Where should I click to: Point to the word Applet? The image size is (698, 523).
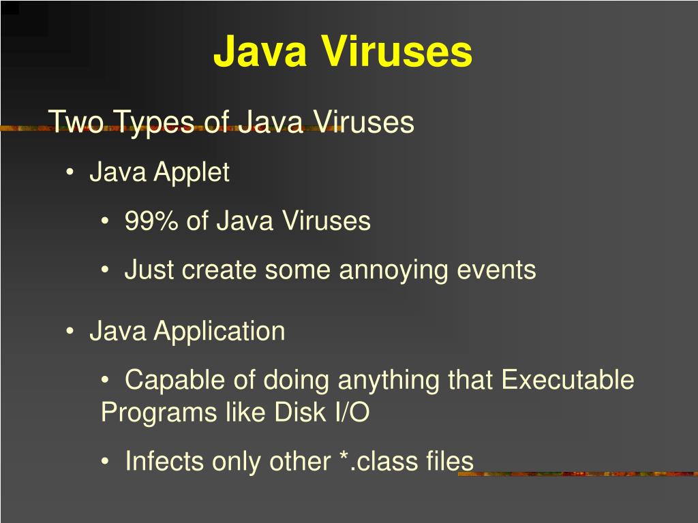[192, 173]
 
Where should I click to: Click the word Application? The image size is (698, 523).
[219, 332]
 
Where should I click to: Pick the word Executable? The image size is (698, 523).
[567, 380]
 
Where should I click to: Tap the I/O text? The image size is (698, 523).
[350, 413]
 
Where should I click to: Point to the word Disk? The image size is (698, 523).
[299, 413]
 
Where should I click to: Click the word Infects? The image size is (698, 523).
[165, 462]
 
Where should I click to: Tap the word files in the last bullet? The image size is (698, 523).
[450, 462]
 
